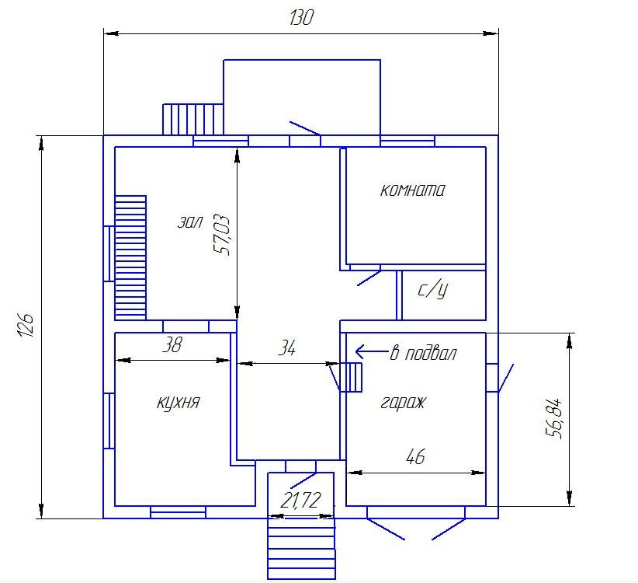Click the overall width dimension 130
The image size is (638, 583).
301,18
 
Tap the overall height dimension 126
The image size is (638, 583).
26,325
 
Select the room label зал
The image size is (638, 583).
190,222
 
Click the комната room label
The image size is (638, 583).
412,190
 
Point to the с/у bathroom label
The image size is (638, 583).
433,289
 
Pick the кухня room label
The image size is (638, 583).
179,403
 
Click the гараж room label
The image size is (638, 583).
403,403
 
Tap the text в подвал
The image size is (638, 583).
423,354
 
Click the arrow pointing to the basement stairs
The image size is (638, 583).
372,351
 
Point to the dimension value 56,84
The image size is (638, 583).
553,418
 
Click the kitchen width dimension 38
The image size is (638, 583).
172,344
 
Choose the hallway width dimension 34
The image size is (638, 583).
287,348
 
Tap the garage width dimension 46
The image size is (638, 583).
415,457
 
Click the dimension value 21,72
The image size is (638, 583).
300,501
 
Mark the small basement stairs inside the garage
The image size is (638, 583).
351,377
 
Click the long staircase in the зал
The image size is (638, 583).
130,257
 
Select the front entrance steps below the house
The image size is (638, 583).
301,548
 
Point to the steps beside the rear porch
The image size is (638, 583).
192,120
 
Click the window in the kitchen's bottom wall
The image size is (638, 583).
179,512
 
